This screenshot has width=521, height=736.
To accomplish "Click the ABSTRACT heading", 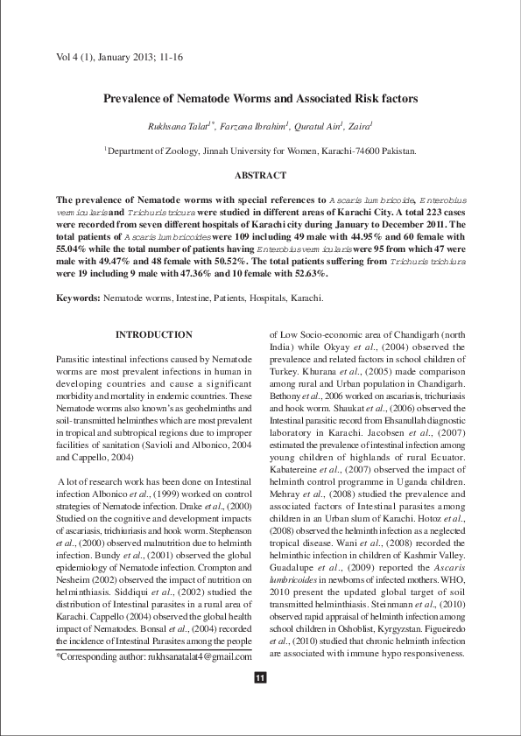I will click(260, 176).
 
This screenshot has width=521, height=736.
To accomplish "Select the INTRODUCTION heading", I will click(154, 334).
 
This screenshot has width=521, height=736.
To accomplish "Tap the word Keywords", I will click(77, 298).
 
